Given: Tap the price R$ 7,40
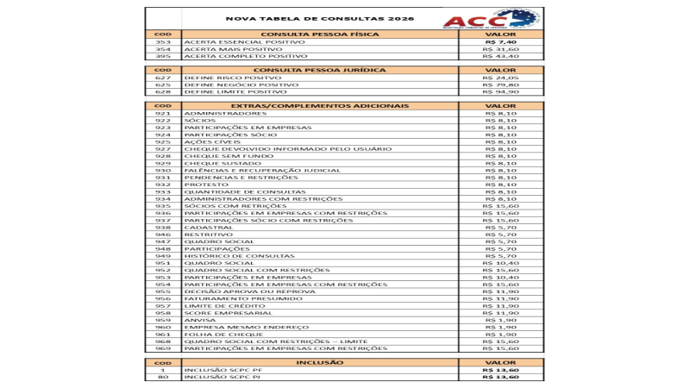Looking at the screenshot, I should (501, 41).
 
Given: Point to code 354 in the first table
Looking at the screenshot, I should (163, 49).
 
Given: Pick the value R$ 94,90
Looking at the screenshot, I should (501, 91).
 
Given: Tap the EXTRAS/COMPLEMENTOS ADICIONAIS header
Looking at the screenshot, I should (320, 106).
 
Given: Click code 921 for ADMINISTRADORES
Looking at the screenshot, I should (163, 113).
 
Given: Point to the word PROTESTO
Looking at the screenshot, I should (206, 185).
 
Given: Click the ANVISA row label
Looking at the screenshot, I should (201, 320).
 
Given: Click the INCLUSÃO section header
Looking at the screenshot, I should (320, 363).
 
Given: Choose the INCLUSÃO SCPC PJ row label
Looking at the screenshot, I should (223, 377).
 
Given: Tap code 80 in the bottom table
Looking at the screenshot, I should (163, 377).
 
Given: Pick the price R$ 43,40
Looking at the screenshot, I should (501, 56).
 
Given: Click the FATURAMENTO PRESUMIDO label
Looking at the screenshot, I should (230, 298).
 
